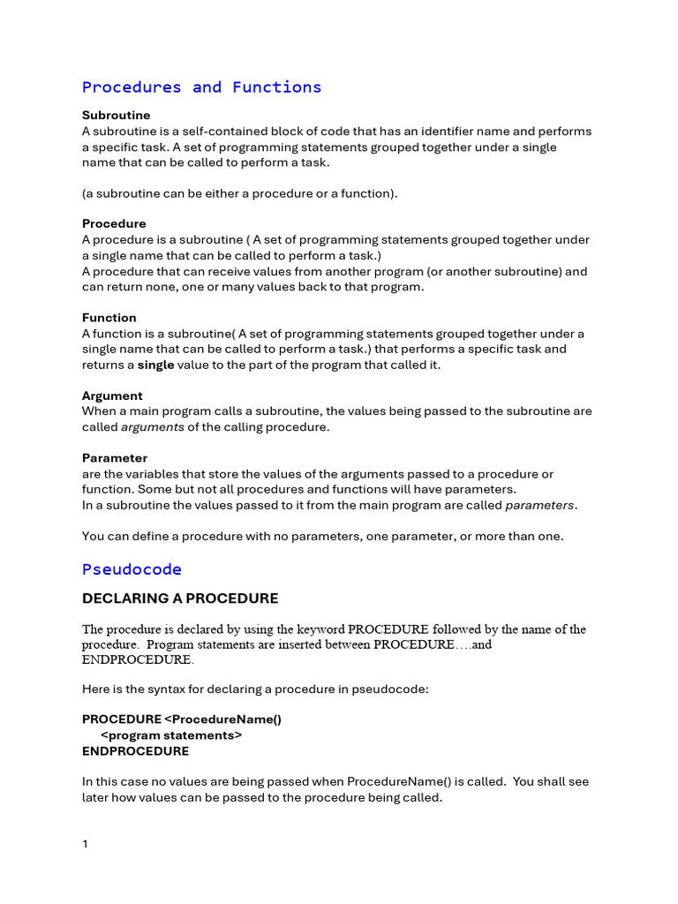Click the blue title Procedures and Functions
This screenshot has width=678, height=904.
(x=201, y=87)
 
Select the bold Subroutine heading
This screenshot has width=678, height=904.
(x=116, y=115)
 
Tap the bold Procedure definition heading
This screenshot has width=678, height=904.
(x=114, y=223)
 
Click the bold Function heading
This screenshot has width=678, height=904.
(x=109, y=317)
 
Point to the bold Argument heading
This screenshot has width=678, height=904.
(x=112, y=395)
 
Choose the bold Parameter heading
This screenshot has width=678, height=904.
(x=115, y=457)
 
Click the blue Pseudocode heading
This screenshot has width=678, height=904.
(x=132, y=569)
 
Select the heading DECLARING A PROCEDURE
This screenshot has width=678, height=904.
(x=180, y=599)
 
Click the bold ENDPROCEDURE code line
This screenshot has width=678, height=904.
(x=135, y=751)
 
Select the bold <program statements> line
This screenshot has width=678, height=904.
(x=171, y=734)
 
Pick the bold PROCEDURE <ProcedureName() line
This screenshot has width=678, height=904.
(x=182, y=719)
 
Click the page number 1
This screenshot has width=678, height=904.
(x=85, y=844)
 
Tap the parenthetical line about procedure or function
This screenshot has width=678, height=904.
(x=240, y=192)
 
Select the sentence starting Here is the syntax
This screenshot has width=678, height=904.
(x=255, y=689)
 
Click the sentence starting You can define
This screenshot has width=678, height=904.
(x=322, y=536)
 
